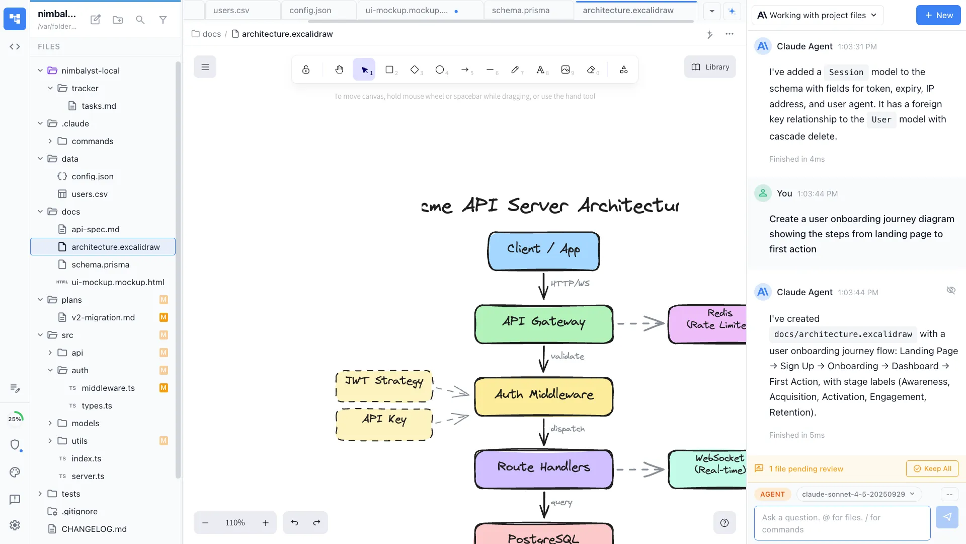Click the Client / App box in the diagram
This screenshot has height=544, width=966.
tap(543, 251)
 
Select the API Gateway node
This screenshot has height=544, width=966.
tap(543, 324)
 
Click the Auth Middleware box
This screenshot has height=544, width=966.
tap(543, 396)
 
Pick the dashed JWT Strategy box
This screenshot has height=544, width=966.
tap(384, 386)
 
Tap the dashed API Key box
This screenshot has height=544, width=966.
tap(384, 424)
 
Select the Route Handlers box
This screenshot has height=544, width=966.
tap(543, 469)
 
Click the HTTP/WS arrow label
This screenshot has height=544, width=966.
tap(570, 284)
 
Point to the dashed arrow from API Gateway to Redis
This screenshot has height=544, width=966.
tap(640, 323)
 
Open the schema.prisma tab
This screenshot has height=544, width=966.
tap(520, 10)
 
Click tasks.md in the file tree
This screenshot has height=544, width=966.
tap(99, 106)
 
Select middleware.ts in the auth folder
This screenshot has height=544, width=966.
tap(108, 388)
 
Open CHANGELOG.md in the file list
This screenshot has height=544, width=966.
tap(94, 529)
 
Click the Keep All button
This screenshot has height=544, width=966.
tap(932, 468)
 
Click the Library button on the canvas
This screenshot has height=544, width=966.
tap(710, 67)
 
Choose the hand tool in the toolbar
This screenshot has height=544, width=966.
tap(339, 70)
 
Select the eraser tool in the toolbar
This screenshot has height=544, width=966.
tap(591, 70)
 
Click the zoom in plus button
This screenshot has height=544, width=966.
tap(266, 523)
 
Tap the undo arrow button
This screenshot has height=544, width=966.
tap(294, 523)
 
